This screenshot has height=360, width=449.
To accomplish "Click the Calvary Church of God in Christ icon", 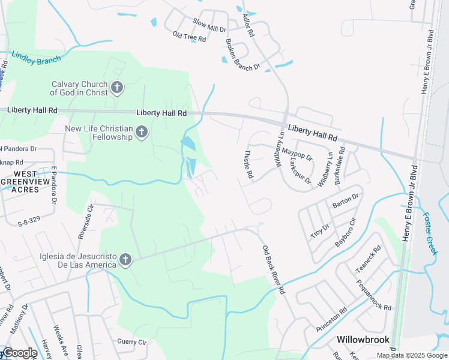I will click(x=117, y=89).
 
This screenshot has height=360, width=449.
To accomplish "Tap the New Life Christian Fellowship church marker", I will click(x=142, y=132).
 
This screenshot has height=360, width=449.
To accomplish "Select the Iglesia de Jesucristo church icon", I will click(x=125, y=260).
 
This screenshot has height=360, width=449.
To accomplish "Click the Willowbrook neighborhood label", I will click(x=363, y=340).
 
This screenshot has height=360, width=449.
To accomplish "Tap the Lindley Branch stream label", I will click(x=36, y=59).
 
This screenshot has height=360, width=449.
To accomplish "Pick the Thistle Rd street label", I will click(x=248, y=164).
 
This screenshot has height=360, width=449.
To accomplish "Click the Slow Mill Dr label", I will click(x=209, y=25).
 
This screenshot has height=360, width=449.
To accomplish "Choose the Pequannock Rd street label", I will click(x=373, y=294).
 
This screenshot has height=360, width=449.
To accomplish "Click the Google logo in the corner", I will click(x=19, y=353).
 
